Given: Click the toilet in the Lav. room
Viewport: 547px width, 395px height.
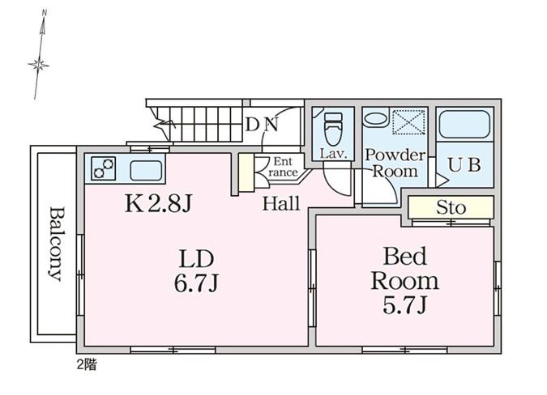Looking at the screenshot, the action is (333, 129).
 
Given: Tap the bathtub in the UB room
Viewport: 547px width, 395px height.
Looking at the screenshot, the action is (464, 124).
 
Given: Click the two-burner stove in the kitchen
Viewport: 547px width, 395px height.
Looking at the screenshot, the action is (104, 168).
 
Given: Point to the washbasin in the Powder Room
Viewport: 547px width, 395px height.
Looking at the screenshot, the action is (375, 119).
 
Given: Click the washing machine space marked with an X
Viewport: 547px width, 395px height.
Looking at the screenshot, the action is (409, 122).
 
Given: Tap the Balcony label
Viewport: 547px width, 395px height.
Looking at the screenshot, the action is (56, 244).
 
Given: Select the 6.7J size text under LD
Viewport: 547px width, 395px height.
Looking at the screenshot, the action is (196, 283).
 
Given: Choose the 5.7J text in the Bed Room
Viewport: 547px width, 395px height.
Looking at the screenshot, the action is (404, 305).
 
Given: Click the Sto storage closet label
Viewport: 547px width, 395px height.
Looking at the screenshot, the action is (451, 208).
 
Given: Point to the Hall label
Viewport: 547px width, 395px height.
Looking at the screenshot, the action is (281, 203).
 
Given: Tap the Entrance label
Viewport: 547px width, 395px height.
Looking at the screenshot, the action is (283, 167).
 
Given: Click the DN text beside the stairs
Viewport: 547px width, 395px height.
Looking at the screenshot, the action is (262, 125).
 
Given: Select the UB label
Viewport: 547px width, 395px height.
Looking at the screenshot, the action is (464, 165).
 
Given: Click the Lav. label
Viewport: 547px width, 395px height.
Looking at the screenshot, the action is (333, 154).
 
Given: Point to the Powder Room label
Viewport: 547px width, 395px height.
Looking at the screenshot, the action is (395, 163).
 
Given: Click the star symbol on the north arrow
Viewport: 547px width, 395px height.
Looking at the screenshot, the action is (38, 65).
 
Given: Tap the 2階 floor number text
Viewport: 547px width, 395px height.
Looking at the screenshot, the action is (87, 365).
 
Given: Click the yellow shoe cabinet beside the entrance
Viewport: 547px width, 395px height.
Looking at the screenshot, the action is (246, 172).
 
